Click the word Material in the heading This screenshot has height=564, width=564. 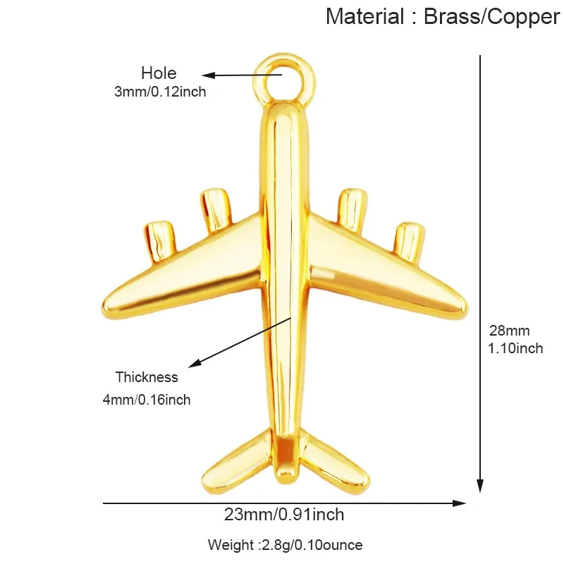(364, 16)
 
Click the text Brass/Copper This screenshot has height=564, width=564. (491, 17)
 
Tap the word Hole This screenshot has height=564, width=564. (159, 73)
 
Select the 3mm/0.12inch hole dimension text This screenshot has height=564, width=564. (160, 92)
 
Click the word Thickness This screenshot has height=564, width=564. (147, 377)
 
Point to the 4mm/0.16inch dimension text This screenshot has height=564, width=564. (147, 400)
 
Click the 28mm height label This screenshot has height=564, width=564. (509, 331)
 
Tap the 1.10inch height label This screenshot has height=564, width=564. (515, 348)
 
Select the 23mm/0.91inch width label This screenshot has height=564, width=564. (284, 515)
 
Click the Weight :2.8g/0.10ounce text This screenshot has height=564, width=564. (286, 544)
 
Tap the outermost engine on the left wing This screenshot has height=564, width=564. (160, 241)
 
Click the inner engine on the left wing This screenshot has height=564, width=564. (216, 209)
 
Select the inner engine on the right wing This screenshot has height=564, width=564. (352, 210)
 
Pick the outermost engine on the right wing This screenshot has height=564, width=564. (409, 241)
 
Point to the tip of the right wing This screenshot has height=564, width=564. (467, 309)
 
